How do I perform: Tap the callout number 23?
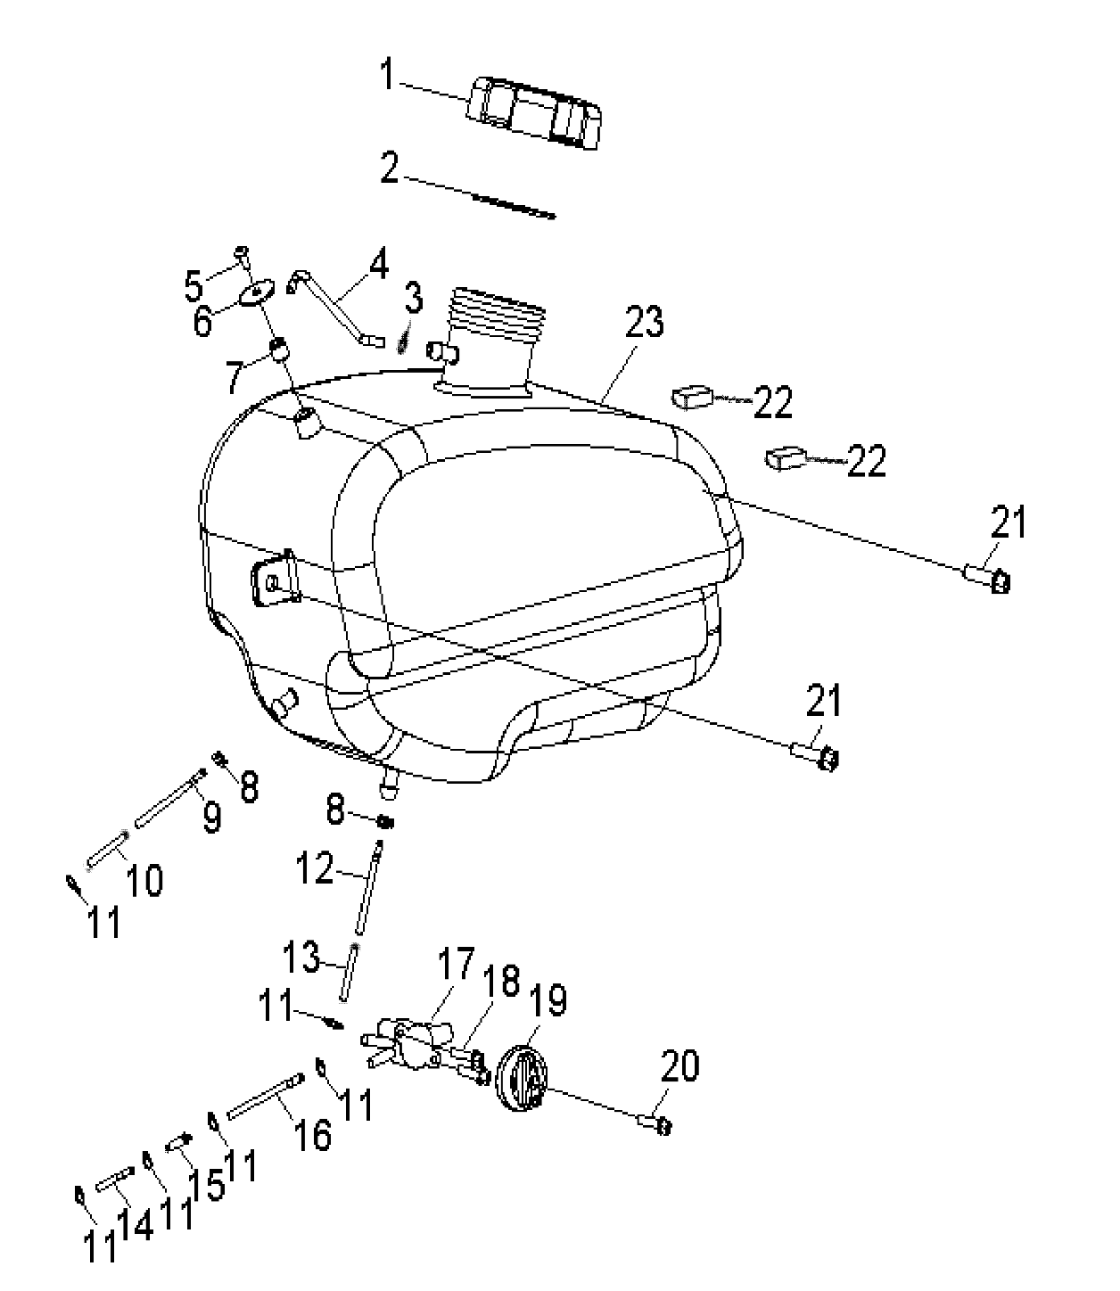pos(645,322)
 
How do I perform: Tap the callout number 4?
pos(378,265)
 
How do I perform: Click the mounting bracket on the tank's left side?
pos(275,578)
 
